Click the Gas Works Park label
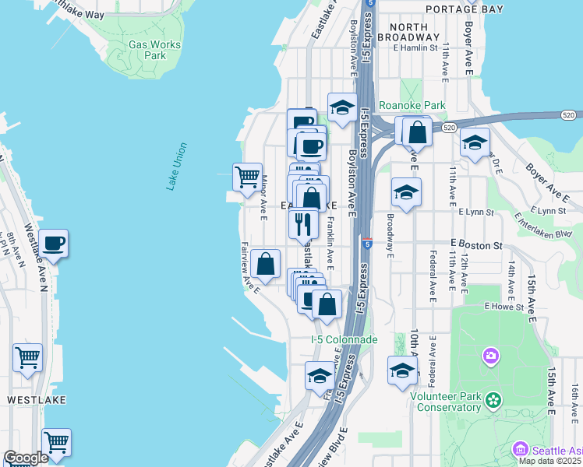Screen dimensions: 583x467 click(154, 50)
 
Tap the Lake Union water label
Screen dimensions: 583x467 click(177, 166)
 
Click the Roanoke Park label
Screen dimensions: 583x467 click(412, 105)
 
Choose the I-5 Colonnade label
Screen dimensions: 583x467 click(344, 339)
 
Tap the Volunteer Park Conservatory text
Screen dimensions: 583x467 click(446, 401)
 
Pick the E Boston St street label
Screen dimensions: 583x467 click(475, 244)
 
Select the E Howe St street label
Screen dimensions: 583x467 click(508, 307)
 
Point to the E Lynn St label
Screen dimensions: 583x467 click(477, 212)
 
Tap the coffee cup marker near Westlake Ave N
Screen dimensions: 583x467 click(53, 243)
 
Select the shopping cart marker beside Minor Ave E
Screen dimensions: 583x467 click(248, 176)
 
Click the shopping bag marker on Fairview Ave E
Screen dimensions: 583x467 click(266, 264)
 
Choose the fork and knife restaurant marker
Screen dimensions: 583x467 click(303, 223)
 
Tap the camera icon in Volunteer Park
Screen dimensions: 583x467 click(490, 356)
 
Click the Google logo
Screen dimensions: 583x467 click(26, 458)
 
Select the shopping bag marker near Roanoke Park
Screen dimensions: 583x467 click(418, 132)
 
